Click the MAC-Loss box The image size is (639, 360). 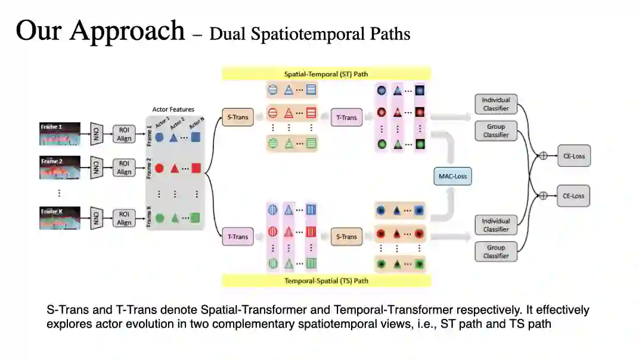click(x=452, y=176)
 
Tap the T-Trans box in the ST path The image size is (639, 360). click(x=346, y=117)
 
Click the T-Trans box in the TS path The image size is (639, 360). click(x=237, y=237)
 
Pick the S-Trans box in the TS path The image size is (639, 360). click(x=346, y=237)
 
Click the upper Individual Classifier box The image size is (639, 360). click(x=496, y=104)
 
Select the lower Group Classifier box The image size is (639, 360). click(x=496, y=252)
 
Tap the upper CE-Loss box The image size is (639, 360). click(x=573, y=157)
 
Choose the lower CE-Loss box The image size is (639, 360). click(x=573, y=195)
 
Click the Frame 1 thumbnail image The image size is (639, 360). click(x=60, y=134)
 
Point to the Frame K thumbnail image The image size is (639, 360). click(x=60, y=218)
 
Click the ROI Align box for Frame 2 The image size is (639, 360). click(x=124, y=167)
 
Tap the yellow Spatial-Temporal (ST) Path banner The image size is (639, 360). click(x=326, y=74)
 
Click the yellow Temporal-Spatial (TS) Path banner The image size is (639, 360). click(x=326, y=280)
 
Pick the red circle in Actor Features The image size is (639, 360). click(x=159, y=168)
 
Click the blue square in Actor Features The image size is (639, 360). click(x=196, y=136)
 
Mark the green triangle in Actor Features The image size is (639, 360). click(x=175, y=218)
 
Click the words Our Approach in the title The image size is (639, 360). click(x=100, y=30)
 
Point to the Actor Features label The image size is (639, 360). click(x=173, y=110)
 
